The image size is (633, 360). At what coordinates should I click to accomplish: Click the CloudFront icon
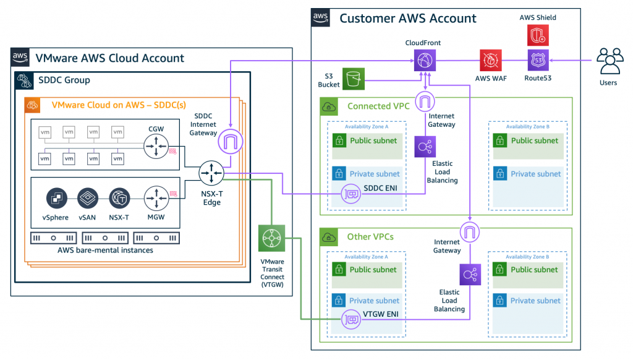pyautogui.click(x=425, y=61)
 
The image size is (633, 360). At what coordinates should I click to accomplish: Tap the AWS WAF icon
pyautogui.click(x=491, y=61)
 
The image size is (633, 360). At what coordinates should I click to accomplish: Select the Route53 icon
pyautogui.click(x=537, y=61)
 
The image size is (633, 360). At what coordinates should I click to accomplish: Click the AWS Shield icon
pyautogui.click(x=537, y=35)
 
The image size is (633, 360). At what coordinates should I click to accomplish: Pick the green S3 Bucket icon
pyautogui.click(x=354, y=79)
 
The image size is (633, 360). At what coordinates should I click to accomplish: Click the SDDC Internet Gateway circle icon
pyautogui.click(x=230, y=144)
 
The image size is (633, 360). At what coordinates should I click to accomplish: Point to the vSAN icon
pyautogui.click(x=88, y=199)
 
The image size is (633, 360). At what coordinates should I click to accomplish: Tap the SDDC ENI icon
pyautogui.click(x=352, y=194)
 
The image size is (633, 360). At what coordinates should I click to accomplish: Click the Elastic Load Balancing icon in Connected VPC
pyautogui.click(x=425, y=147)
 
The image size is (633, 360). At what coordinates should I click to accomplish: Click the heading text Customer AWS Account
pyautogui.click(x=408, y=19)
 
